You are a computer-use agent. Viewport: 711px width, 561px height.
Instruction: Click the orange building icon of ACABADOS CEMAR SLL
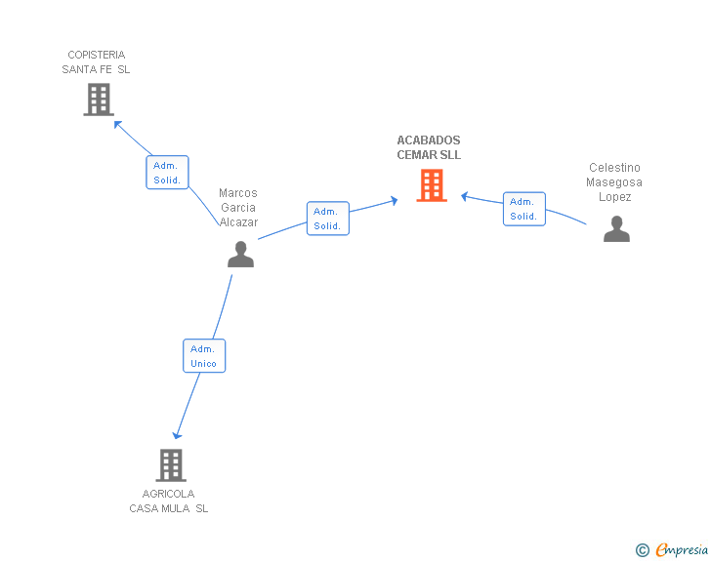[432, 184]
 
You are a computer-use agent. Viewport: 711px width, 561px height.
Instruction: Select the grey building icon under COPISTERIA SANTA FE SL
[99, 100]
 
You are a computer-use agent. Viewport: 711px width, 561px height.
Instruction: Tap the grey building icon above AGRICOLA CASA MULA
[171, 465]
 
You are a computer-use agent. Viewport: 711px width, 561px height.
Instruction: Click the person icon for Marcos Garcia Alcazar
[241, 255]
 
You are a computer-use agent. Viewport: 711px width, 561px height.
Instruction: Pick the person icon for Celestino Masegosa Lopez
[616, 229]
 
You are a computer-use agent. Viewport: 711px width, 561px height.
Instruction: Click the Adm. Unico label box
[204, 356]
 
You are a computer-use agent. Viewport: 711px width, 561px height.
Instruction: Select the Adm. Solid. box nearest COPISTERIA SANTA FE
[167, 172]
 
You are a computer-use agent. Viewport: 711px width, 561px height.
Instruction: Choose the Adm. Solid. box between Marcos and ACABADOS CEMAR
[328, 219]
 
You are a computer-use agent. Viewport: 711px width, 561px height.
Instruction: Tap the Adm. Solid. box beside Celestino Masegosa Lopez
[524, 209]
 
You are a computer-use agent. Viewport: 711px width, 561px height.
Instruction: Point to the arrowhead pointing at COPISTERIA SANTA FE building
[117, 124]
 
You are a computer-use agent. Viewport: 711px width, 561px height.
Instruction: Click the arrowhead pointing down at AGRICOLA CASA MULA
[177, 435]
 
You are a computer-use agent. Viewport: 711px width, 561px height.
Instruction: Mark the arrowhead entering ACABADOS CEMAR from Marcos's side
[394, 200]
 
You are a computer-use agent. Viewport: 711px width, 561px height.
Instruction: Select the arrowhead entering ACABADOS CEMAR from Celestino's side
[464, 197]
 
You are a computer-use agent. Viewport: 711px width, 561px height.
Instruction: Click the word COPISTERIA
[97, 55]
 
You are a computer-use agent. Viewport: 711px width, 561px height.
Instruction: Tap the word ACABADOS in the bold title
[429, 140]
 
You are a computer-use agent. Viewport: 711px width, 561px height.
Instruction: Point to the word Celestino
[614, 168]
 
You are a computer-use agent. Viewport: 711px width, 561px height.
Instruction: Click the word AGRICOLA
[168, 494]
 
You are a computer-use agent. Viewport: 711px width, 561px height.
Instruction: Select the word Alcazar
[238, 222]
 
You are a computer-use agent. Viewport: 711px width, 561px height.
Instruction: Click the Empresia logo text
[682, 549]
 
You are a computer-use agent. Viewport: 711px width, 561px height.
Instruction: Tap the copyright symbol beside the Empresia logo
[643, 550]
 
